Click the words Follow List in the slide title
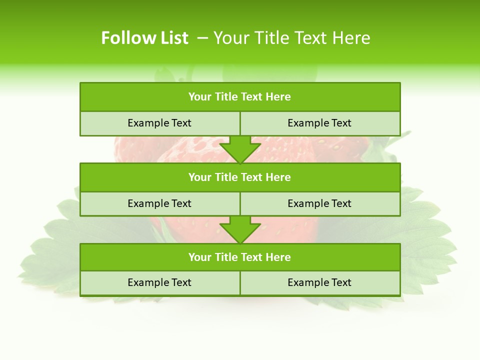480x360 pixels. click(x=144, y=38)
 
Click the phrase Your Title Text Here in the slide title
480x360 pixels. click(x=292, y=38)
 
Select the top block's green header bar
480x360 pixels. click(x=240, y=97)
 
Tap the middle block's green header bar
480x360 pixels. click(x=240, y=177)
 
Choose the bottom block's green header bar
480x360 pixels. click(x=240, y=257)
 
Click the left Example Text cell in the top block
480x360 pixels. click(x=159, y=123)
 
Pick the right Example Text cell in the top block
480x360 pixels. click(x=319, y=123)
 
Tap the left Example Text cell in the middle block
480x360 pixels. click(x=159, y=203)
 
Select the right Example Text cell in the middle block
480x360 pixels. click(x=319, y=203)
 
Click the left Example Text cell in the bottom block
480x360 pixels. click(x=159, y=282)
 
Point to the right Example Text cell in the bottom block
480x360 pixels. click(x=319, y=282)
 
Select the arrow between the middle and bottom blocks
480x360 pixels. click(x=240, y=229)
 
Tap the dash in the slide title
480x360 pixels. click(x=202, y=38)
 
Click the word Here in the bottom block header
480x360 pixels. click(x=278, y=257)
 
